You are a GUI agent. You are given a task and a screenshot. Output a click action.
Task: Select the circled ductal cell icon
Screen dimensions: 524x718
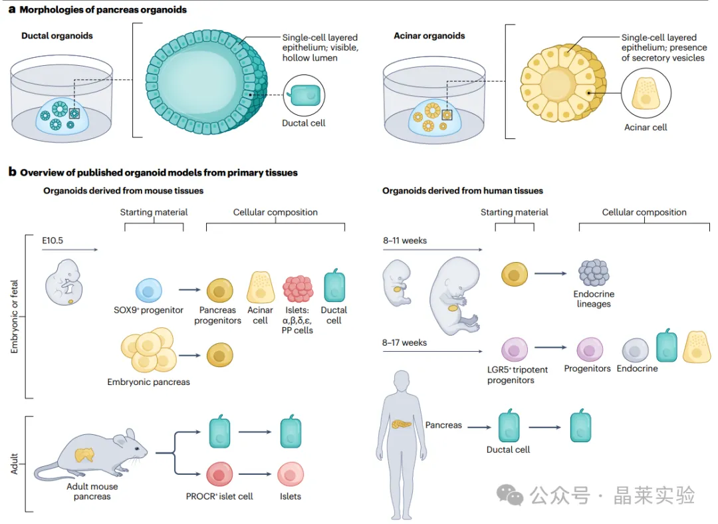(x=304, y=96)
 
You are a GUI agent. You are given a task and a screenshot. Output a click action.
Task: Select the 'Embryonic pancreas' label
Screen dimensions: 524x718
(x=148, y=382)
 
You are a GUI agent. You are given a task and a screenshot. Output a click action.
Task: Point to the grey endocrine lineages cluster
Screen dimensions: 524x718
(x=593, y=272)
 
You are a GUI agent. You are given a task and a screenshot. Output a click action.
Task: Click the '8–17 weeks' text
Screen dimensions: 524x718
(x=404, y=343)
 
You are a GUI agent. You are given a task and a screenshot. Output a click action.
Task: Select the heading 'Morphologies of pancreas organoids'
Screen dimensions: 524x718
(x=103, y=10)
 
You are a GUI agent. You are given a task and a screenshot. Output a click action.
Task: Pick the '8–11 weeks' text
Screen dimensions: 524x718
(x=404, y=240)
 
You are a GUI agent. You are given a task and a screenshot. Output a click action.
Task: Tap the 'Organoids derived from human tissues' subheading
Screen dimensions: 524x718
(x=462, y=191)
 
